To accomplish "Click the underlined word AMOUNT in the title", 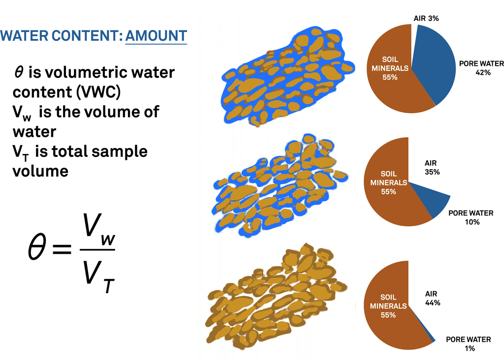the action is tap(156, 35).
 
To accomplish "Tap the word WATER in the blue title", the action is tap(25, 35).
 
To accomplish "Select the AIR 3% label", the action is tap(426, 18).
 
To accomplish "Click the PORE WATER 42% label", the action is tap(481, 68).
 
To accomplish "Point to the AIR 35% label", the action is tap(432, 168).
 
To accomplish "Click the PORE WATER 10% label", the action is tap(471, 217).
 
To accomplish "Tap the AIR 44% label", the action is tap(432, 299).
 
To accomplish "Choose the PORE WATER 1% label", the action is tap(469, 344).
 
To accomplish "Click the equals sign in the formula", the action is tap(62, 249).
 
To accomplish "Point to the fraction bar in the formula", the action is tap(97, 249).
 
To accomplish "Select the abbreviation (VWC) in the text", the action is tap(98, 92).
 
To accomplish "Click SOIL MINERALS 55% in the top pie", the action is tap(390, 68).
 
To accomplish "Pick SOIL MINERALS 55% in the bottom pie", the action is tap(388, 306).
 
